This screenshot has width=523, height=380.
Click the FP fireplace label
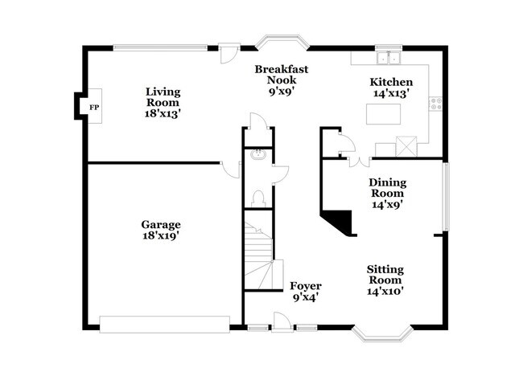click(x=93, y=107)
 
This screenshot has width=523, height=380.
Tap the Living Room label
click(x=163, y=102)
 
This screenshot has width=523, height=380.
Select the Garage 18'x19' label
click(x=161, y=231)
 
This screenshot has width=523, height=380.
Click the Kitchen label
click(x=391, y=88)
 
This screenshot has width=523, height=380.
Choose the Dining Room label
click(x=387, y=193)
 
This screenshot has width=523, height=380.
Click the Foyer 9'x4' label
click(x=306, y=291)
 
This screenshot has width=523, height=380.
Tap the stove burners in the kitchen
click(x=437, y=103)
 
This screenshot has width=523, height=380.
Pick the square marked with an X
click(x=407, y=146)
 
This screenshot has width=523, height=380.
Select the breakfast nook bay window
click(x=283, y=40)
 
